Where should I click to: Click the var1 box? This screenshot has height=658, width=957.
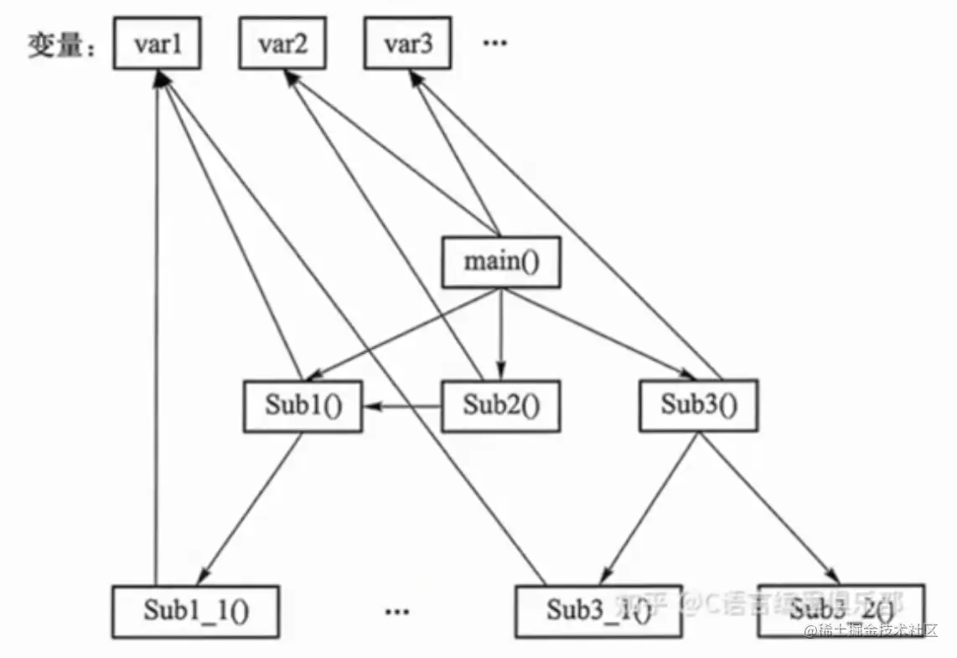(x=157, y=44)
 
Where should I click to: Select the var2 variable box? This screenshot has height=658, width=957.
(x=282, y=44)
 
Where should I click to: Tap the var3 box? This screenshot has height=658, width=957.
(x=408, y=44)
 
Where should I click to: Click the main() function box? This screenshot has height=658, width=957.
(x=500, y=262)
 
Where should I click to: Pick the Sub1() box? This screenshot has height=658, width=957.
(x=303, y=407)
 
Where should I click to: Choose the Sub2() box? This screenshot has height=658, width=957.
(x=500, y=407)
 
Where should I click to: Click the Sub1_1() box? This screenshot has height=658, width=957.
(x=195, y=609)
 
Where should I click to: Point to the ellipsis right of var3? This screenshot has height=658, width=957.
(x=495, y=44)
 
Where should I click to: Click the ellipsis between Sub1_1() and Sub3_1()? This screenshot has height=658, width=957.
(x=396, y=611)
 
